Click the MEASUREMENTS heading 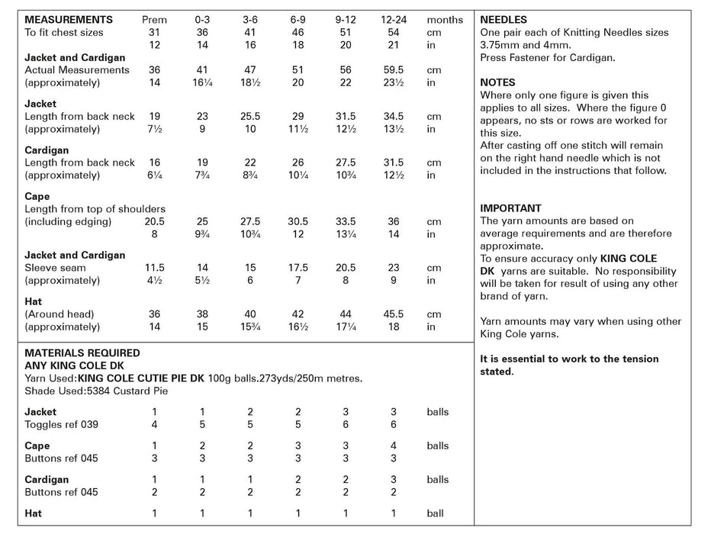pyautogui.click(x=69, y=20)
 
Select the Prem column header pyautogui.click(x=154, y=20)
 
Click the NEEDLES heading pyautogui.click(x=503, y=20)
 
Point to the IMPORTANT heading pyautogui.click(x=511, y=207)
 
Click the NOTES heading pyautogui.click(x=497, y=82)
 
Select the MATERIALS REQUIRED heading pyautogui.click(x=82, y=353)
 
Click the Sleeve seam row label pyautogui.click(x=56, y=268)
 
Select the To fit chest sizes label pyautogui.click(x=64, y=33)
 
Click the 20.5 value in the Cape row pyautogui.click(x=154, y=221)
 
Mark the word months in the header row pyautogui.click(x=445, y=20)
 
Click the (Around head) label pyautogui.click(x=60, y=314)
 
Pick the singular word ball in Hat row pyautogui.click(x=436, y=513)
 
